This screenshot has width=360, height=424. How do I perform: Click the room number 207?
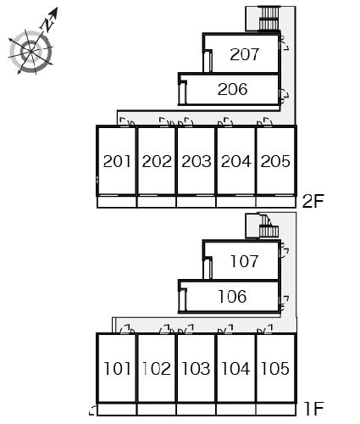(x=244, y=54)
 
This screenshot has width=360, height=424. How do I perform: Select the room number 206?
(x=232, y=89)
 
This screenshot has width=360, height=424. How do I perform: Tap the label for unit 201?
(x=117, y=161)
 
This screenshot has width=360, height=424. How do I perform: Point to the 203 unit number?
(x=197, y=161)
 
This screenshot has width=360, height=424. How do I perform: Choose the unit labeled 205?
(x=275, y=161)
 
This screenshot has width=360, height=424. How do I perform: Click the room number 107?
(x=244, y=261)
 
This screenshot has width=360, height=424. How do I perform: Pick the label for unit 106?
(x=232, y=297)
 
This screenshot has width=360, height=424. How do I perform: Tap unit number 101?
(x=117, y=369)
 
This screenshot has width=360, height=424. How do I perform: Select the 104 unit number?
(x=236, y=369)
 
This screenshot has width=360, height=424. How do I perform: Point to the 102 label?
(x=157, y=369)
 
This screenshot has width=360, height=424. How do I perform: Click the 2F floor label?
(x=313, y=201)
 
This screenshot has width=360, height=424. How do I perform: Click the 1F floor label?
(x=314, y=409)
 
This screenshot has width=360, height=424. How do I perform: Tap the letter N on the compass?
(x=47, y=25)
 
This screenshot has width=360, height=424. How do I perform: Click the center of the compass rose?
(x=30, y=51)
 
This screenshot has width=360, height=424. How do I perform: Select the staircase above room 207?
(x=269, y=19)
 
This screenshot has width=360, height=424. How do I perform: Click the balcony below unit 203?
(x=196, y=202)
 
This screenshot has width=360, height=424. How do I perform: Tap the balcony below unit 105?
(x=275, y=410)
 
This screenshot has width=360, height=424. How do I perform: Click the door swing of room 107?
(x=285, y=252)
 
